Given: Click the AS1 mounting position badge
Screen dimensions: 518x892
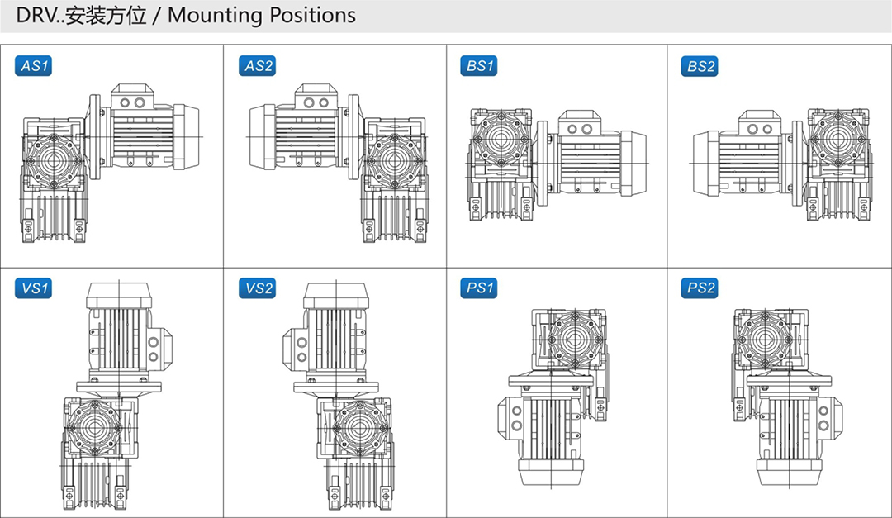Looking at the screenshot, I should pyautogui.click(x=34, y=66).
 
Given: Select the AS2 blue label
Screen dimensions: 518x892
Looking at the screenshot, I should pyautogui.click(x=258, y=66).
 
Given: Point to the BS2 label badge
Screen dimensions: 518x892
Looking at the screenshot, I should pyautogui.click(x=701, y=66).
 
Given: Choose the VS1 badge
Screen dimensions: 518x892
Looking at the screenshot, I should pyautogui.click(x=34, y=288).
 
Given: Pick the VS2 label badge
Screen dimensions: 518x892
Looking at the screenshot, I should pyautogui.click(x=258, y=288).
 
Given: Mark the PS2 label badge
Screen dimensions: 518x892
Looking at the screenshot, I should pyautogui.click(x=701, y=288).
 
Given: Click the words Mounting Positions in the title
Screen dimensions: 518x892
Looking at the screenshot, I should pyautogui.click(x=262, y=15).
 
